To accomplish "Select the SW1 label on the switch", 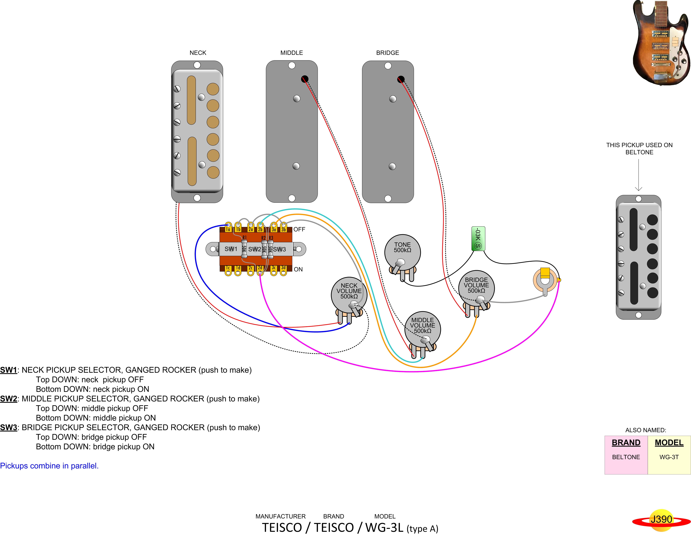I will click(231, 249).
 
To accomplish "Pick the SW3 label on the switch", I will click(279, 249).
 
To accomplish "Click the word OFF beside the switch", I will click(299, 229).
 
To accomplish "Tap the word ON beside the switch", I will click(298, 269).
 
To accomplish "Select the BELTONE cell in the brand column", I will click(626, 457).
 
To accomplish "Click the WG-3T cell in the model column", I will click(669, 457).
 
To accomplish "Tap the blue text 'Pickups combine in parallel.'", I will click(49, 466).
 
